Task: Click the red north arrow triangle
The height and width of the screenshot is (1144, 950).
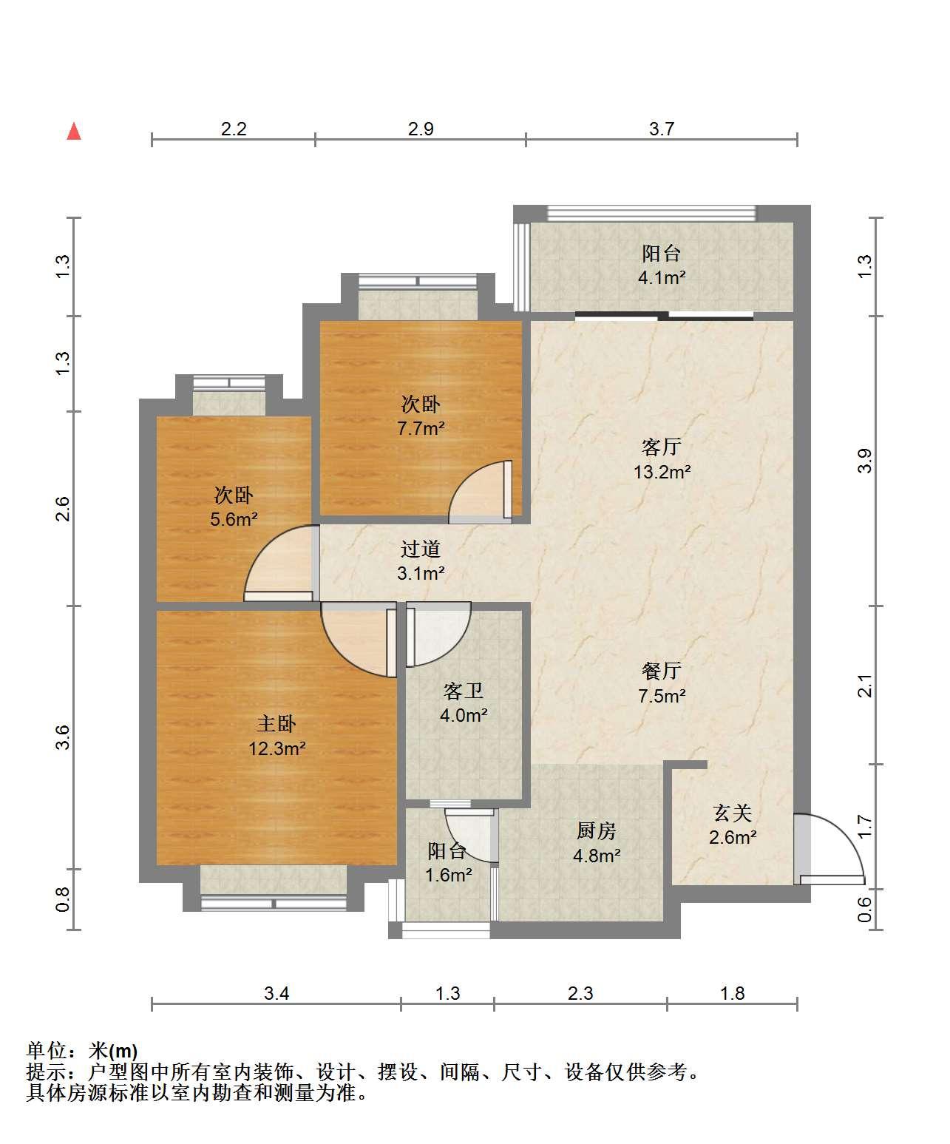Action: pyautogui.click(x=74, y=132)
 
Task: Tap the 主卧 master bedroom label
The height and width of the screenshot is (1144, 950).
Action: pyautogui.click(x=276, y=724)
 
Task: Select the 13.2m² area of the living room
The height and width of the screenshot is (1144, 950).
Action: pyautogui.click(x=662, y=472)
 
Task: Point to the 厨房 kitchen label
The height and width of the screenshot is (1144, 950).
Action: pyautogui.click(x=596, y=831)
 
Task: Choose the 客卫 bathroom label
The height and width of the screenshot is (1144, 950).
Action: pyautogui.click(x=464, y=691)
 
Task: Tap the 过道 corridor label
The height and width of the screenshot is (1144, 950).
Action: pyautogui.click(x=420, y=549)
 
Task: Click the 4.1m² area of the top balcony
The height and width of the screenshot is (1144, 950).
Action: pyautogui.click(x=662, y=278)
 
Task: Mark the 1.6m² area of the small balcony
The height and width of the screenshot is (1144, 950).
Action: pyautogui.click(x=449, y=875)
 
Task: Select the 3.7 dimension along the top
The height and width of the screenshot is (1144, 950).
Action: pyautogui.click(x=661, y=129)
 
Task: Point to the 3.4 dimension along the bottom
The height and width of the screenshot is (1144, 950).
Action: pyautogui.click(x=276, y=993)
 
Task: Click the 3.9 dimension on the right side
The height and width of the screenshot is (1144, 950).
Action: pyautogui.click(x=864, y=461)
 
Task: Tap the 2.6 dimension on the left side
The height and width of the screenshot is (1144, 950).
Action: pyautogui.click(x=64, y=509)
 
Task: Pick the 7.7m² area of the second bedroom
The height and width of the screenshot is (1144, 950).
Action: pyautogui.click(x=421, y=428)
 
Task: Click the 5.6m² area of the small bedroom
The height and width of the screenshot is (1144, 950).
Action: pyautogui.click(x=234, y=519)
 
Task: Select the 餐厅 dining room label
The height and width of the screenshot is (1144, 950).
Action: pyautogui.click(x=662, y=671)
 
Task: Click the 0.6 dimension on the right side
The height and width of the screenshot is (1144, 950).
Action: pyautogui.click(x=864, y=910)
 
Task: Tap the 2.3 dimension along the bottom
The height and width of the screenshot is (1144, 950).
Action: pyautogui.click(x=580, y=993)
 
